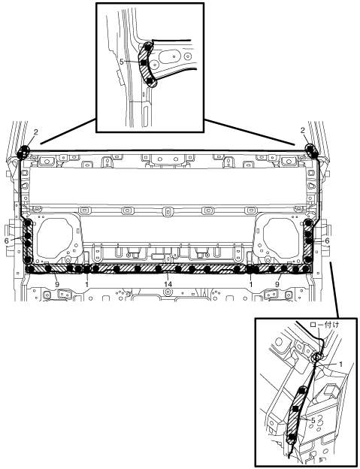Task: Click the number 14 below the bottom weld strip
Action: (168, 283)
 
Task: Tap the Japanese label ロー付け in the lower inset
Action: (325, 325)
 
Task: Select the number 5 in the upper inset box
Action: (122, 62)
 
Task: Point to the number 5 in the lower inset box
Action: (313, 420)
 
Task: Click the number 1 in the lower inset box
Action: (340, 364)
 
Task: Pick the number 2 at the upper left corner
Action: (35, 132)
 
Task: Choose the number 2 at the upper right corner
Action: (303, 130)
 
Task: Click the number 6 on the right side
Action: (327, 241)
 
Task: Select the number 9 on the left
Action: (57, 284)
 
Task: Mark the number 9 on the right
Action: (277, 284)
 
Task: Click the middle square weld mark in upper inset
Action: (144, 62)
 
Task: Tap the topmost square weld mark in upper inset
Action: (147, 47)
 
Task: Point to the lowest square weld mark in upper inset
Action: (150, 80)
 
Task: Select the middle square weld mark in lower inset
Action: (295, 409)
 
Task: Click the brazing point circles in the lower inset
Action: (317, 356)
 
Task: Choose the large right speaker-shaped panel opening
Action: (281, 238)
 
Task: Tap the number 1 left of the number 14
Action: (86, 284)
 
